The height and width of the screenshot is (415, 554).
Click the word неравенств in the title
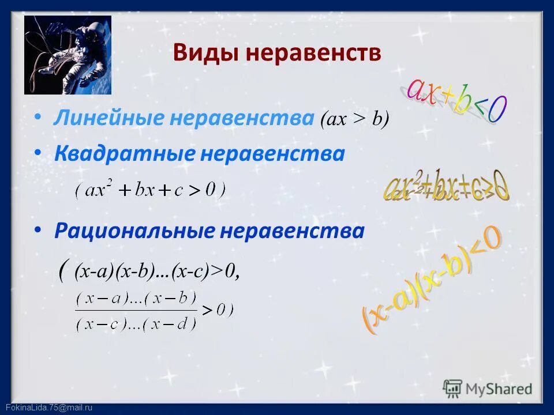[x=314, y=53]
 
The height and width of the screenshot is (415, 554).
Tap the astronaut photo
[x=68, y=55]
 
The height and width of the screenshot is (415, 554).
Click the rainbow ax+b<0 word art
[x=456, y=98]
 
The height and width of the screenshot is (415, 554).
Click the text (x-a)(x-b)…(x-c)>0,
[x=156, y=271]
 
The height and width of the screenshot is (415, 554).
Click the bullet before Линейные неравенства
[x=38, y=117]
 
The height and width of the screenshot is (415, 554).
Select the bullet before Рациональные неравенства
[x=38, y=230]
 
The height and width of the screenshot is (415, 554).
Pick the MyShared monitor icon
[x=453, y=388]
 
